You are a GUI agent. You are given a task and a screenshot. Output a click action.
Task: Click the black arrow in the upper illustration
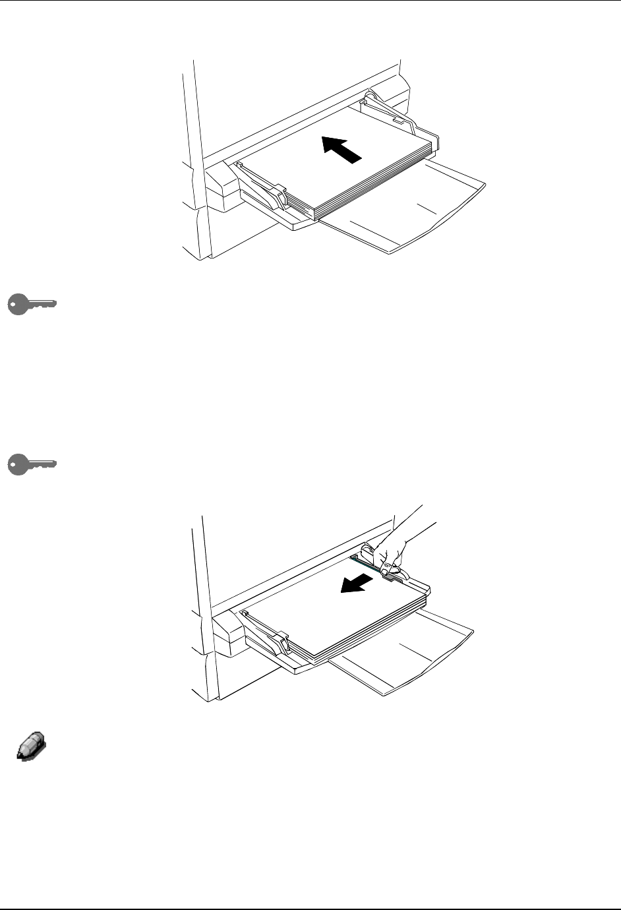click(342, 148)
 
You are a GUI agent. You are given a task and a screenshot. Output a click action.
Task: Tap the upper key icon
click(32, 305)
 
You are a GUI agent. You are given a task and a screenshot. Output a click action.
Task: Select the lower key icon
click(32, 464)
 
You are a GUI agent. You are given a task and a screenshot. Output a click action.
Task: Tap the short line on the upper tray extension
click(427, 208)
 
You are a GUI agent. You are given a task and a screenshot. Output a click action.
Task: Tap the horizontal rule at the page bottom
click(310, 908)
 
